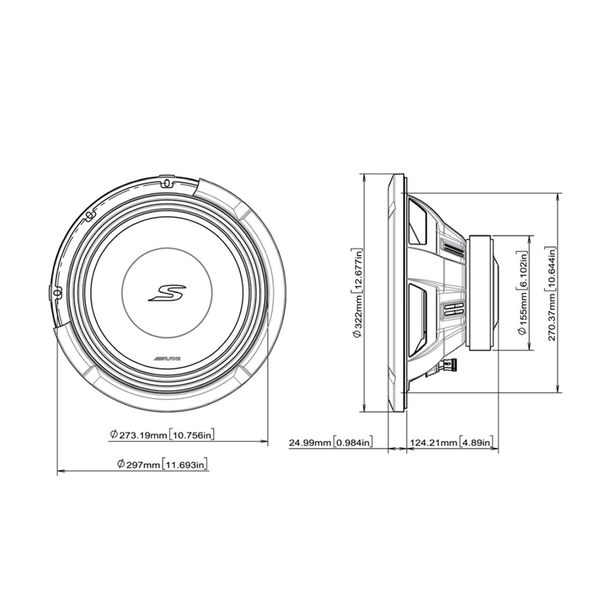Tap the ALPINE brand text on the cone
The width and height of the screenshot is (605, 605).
167,358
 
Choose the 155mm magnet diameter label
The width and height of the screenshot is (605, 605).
522,292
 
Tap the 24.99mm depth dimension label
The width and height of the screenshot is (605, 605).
330,443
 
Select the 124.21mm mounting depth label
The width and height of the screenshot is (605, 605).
451,443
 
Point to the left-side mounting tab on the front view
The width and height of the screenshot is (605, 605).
55,292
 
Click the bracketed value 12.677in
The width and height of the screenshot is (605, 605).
358,265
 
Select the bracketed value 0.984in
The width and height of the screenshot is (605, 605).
353,443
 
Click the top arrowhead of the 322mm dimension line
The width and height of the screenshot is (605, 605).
364,176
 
